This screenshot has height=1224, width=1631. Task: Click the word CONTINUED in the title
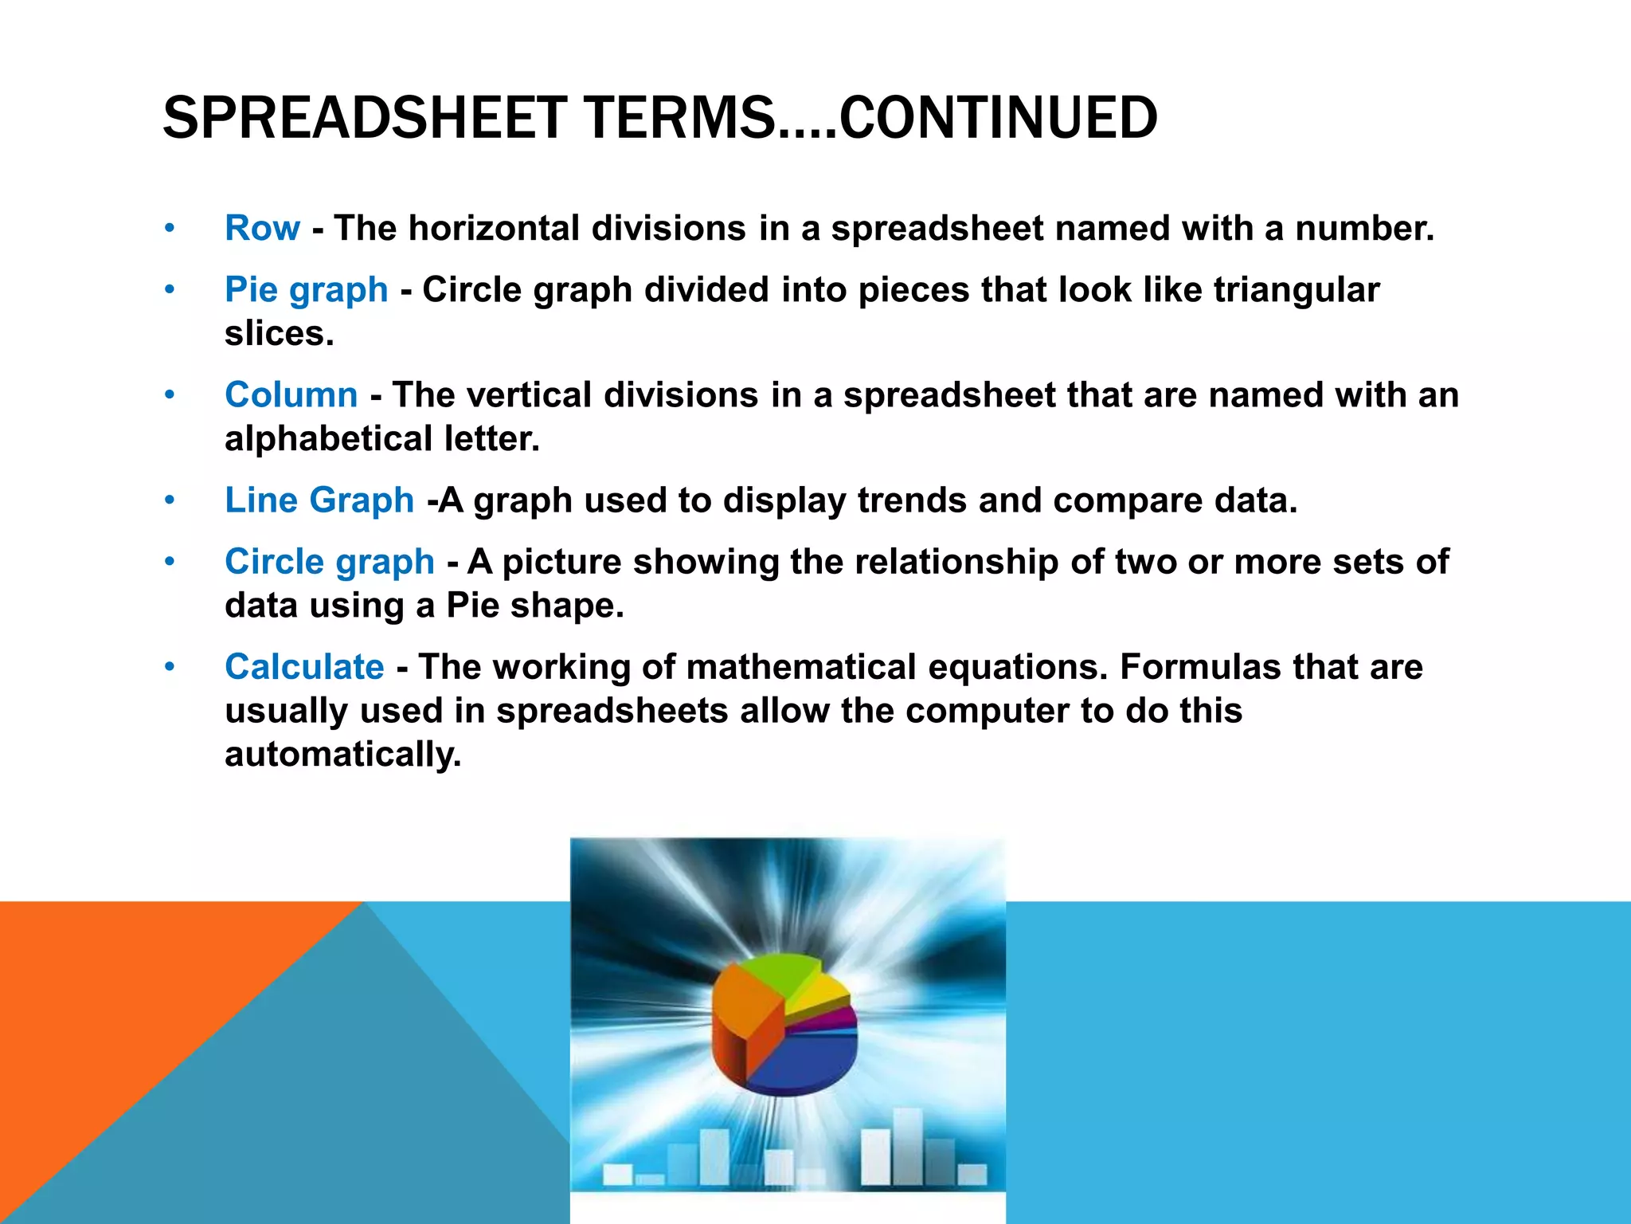pyautogui.click(x=999, y=118)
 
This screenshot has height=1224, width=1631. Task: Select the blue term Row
pyautogui.click(x=262, y=228)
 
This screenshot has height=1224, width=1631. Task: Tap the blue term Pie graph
pyautogui.click(x=306, y=289)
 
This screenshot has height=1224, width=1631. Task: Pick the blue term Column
pyautogui.click(x=291, y=394)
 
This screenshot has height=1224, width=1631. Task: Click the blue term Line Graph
pyautogui.click(x=319, y=500)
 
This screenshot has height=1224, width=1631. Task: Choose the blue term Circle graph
pyautogui.click(x=329, y=562)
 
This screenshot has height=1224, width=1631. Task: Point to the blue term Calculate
pyautogui.click(x=304, y=667)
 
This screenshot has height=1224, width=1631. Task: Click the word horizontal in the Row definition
pyautogui.click(x=494, y=228)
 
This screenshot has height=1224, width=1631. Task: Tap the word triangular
pyautogui.click(x=1297, y=289)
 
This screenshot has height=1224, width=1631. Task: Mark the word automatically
pyautogui.click(x=342, y=754)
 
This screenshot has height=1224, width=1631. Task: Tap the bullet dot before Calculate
pyautogui.click(x=169, y=666)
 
